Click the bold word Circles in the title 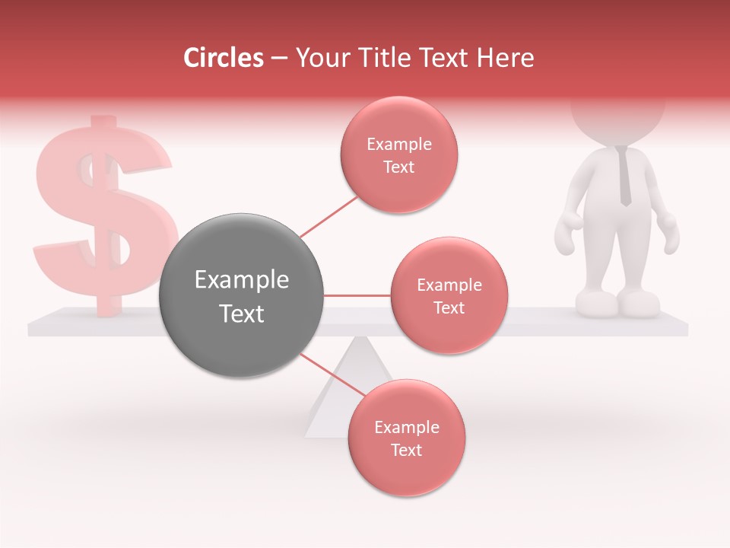[224, 58]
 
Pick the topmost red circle [399, 155]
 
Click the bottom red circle [406, 438]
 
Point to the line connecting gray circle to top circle [328, 216]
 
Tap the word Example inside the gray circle [242, 280]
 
